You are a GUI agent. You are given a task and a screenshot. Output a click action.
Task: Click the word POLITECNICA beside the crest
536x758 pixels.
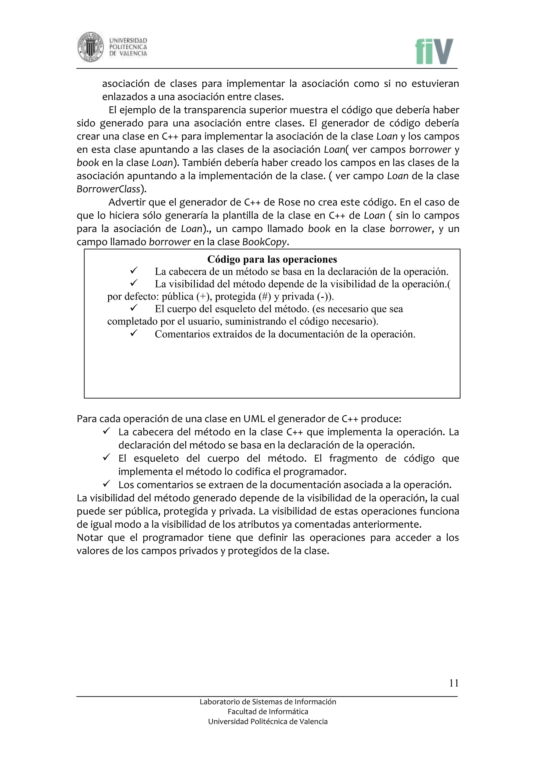[128, 47]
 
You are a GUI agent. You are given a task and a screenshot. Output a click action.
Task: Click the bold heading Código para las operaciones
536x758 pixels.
[272, 259]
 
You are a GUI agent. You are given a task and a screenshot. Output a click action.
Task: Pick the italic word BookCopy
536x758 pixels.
[265, 242]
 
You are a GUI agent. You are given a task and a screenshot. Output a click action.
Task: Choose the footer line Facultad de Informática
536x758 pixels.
[268, 712]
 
